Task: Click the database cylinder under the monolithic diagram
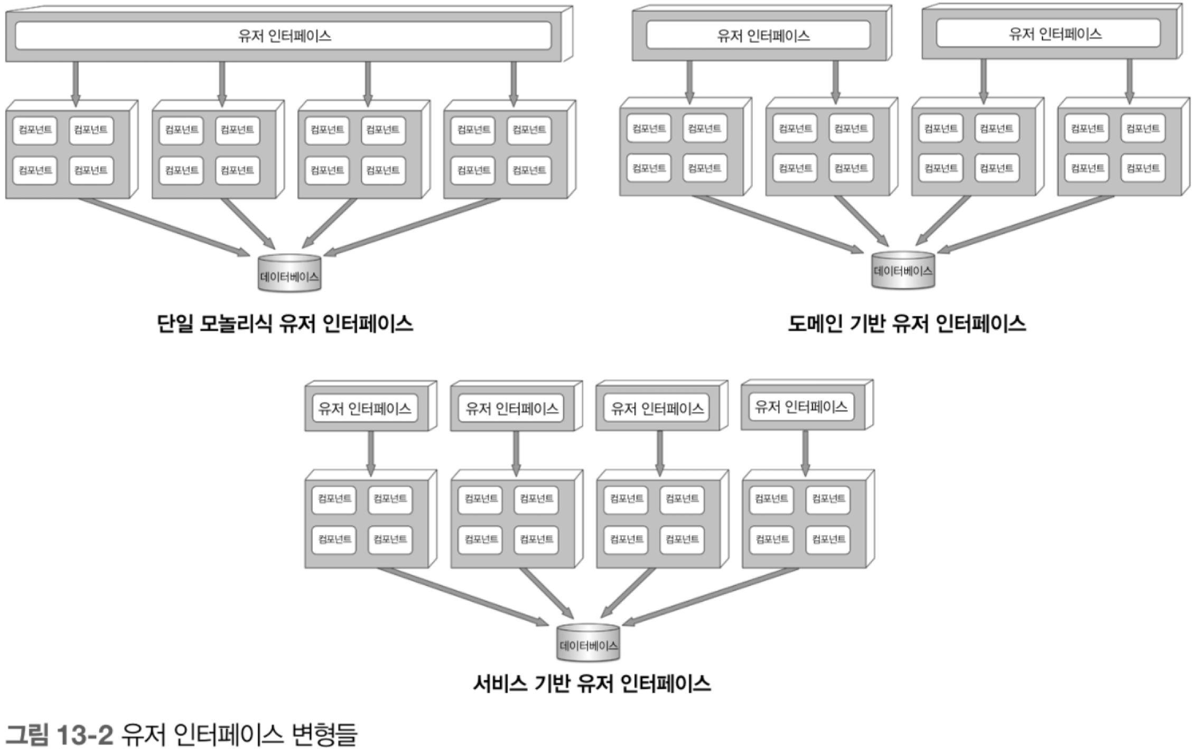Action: click(x=290, y=273)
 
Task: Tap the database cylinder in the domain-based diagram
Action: click(x=903, y=270)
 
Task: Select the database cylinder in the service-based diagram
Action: click(x=588, y=643)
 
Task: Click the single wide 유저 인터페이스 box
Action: click(x=283, y=35)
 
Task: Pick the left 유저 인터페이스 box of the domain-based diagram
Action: click(x=758, y=35)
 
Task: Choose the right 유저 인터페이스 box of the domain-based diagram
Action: click(x=1048, y=33)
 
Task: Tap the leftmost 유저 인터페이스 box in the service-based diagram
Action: click(x=365, y=408)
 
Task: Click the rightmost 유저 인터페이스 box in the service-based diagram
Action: click(x=801, y=407)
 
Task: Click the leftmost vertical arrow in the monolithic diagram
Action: click(x=76, y=84)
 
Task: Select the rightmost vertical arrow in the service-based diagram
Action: click(x=805, y=453)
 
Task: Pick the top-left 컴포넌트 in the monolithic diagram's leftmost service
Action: click(x=35, y=130)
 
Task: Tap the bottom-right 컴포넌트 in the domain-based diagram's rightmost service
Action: click(x=1143, y=168)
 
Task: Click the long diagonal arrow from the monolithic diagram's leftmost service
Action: click(x=164, y=227)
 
